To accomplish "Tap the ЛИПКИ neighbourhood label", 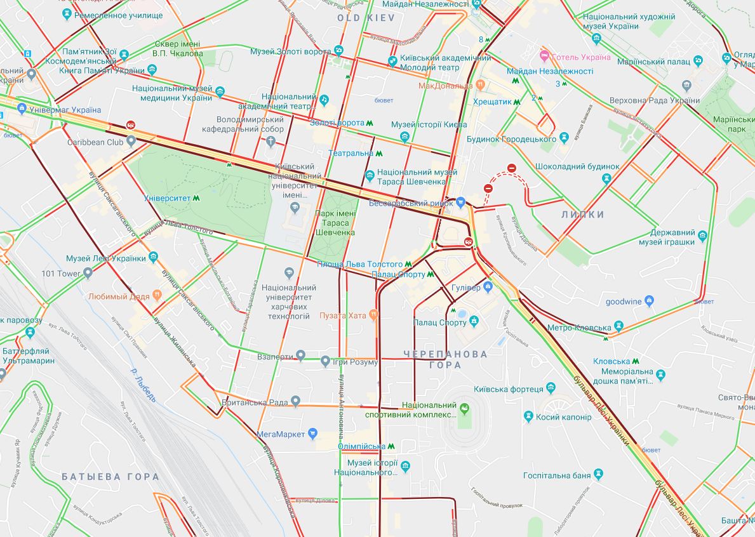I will (x=582, y=215).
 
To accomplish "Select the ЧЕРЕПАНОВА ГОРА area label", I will (x=445, y=359).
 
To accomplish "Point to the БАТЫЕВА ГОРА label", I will (x=110, y=477).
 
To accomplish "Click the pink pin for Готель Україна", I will (x=544, y=56).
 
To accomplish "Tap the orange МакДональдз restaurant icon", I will (x=481, y=84).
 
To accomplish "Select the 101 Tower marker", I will (x=88, y=274).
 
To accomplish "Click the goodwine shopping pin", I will (x=649, y=301).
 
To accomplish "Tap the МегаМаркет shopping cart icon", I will (x=312, y=434).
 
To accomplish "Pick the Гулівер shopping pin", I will (x=488, y=288).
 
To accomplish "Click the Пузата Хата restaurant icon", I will (x=374, y=314).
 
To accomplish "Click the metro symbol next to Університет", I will (x=197, y=198).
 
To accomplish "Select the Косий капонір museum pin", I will (x=528, y=416).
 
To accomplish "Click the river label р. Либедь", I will (x=142, y=384).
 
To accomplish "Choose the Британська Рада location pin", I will (x=295, y=402).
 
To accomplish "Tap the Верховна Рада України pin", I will (x=686, y=85).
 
